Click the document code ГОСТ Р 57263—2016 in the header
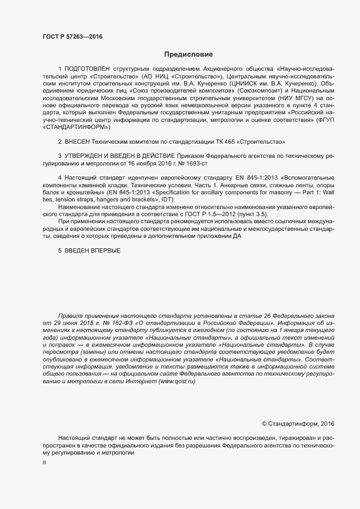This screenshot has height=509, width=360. click(72, 37)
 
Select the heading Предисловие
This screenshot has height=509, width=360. click(188, 54)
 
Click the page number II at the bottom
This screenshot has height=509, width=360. click(44, 462)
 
